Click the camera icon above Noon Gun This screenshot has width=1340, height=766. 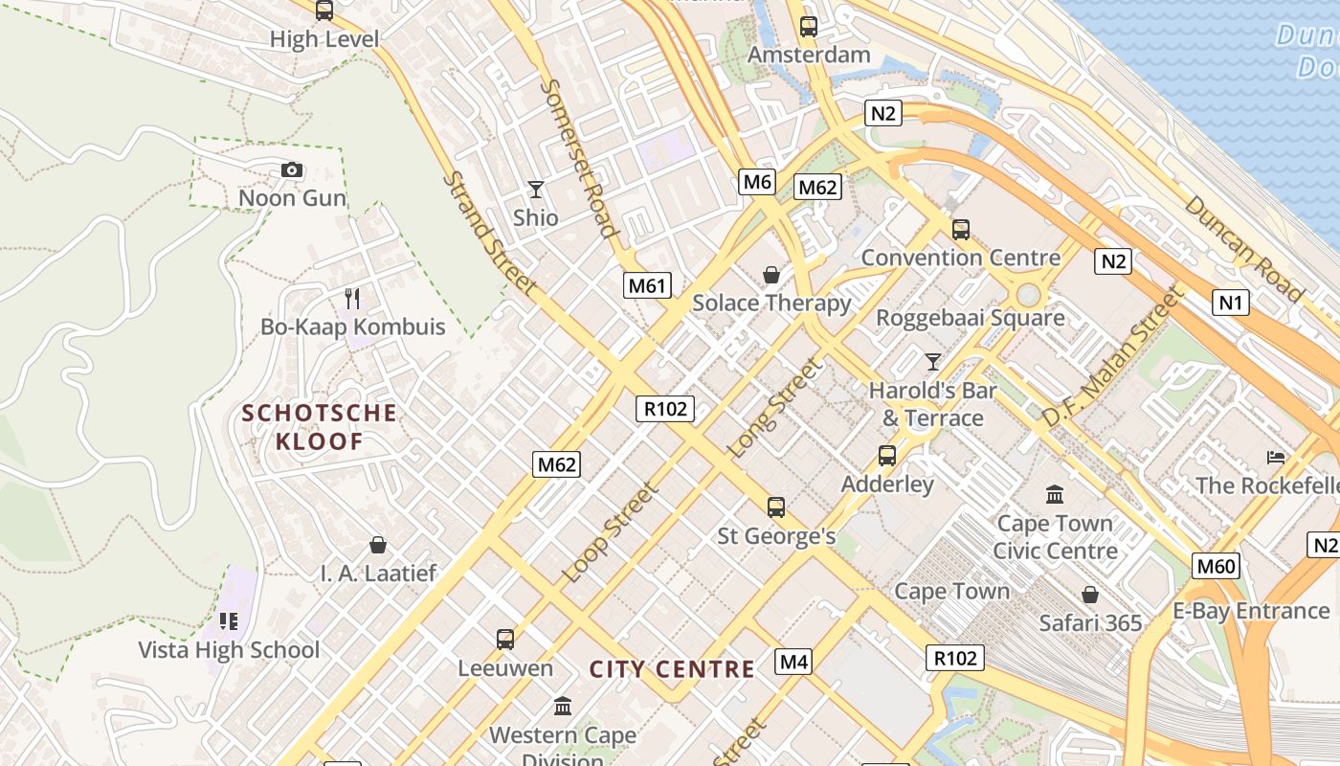(x=292, y=170)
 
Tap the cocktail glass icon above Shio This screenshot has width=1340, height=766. (x=536, y=190)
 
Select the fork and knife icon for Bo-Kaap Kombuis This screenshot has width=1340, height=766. (x=352, y=299)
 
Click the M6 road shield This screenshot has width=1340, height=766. (x=756, y=182)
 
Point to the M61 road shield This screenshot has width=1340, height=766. (x=648, y=284)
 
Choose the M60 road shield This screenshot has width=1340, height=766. (x=1216, y=566)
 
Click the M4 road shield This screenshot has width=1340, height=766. (x=793, y=662)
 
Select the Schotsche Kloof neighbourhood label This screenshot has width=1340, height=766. (x=319, y=427)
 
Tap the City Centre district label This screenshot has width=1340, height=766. (x=672, y=669)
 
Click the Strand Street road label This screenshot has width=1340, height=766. (x=489, y=233)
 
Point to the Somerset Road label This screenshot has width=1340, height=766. (x=578, y=157)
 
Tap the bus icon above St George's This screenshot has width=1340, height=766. (x=776, y=507)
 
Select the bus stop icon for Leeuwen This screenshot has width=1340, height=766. (x=504, y=639)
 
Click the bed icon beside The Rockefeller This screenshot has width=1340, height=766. (x=1275, y=458)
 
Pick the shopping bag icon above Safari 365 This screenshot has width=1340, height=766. (x=1089, y=595)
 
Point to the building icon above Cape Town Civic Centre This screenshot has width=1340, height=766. (x=1055, y=495)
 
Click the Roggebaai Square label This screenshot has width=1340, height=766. (x=971, y=318)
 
